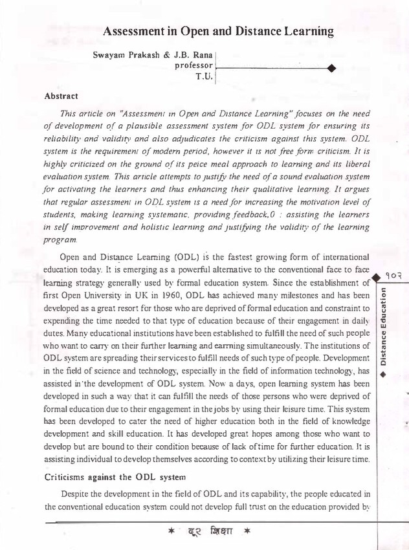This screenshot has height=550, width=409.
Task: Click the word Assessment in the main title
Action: (x=134, y=31)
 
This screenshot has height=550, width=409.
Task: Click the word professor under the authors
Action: (x=193, y=66)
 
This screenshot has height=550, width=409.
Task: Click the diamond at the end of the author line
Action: (x=331, y=67)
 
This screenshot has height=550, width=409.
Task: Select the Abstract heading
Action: (x=61, y=96)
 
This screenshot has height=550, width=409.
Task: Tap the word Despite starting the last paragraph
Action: (x=76, y=494)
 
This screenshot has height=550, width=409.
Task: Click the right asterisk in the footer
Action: (x=247, y=532)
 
